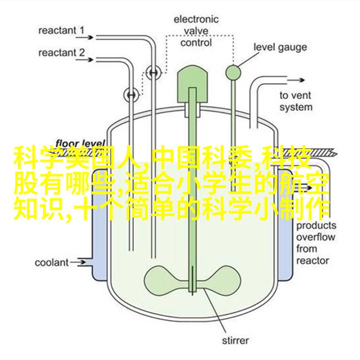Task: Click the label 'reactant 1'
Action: point(61,31)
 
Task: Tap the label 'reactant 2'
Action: point(62,53)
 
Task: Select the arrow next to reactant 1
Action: point(85,37)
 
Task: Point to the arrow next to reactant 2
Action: point(85,60)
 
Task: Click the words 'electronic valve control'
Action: point(196,31)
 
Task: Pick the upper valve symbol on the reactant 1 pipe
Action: point(153,72)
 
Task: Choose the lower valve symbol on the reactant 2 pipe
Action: point(131,94)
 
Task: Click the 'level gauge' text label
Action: point(280,47)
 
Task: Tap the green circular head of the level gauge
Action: point(233,73)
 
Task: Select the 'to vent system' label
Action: point(296,101)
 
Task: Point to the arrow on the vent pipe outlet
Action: point(296,80)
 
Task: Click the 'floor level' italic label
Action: point(80,143)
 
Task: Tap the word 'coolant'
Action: point(52,263)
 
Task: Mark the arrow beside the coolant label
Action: point(78,263)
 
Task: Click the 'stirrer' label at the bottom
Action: point(235,340)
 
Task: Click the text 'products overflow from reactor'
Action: point(316,243)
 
